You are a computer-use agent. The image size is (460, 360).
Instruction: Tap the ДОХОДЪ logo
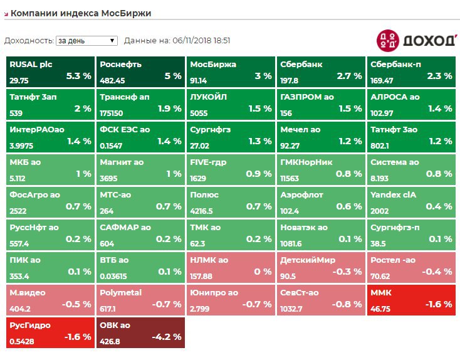pyautogui.click(x=416, y=40)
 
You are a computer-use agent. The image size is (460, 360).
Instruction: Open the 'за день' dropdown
pyautogui.click(x=86, y=41)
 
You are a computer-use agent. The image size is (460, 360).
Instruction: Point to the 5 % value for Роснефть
pyautogui.click(x=173, y=76)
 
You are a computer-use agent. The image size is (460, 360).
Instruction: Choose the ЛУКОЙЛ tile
pyautogui.click(x=232, y=104)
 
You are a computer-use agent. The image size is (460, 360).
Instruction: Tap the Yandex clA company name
pyautogui.click(x=393, y=194)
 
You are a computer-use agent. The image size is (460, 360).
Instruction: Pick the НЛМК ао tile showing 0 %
pyautogui.click(x=232, y=267)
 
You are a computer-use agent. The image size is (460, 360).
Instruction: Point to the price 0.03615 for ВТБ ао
pyautogui.click(x=113, y=277)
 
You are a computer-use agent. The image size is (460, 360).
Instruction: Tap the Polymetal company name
pyautogui.click(x=121, y=292)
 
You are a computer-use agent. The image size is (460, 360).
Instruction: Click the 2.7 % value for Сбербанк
pyautogui.click(x=349, y=76)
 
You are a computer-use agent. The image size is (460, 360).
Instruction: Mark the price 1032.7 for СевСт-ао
pyautogui.click(x=292, y=309)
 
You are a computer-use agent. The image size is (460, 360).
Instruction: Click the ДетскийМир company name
pyautogui.click(x=308, y=260)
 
